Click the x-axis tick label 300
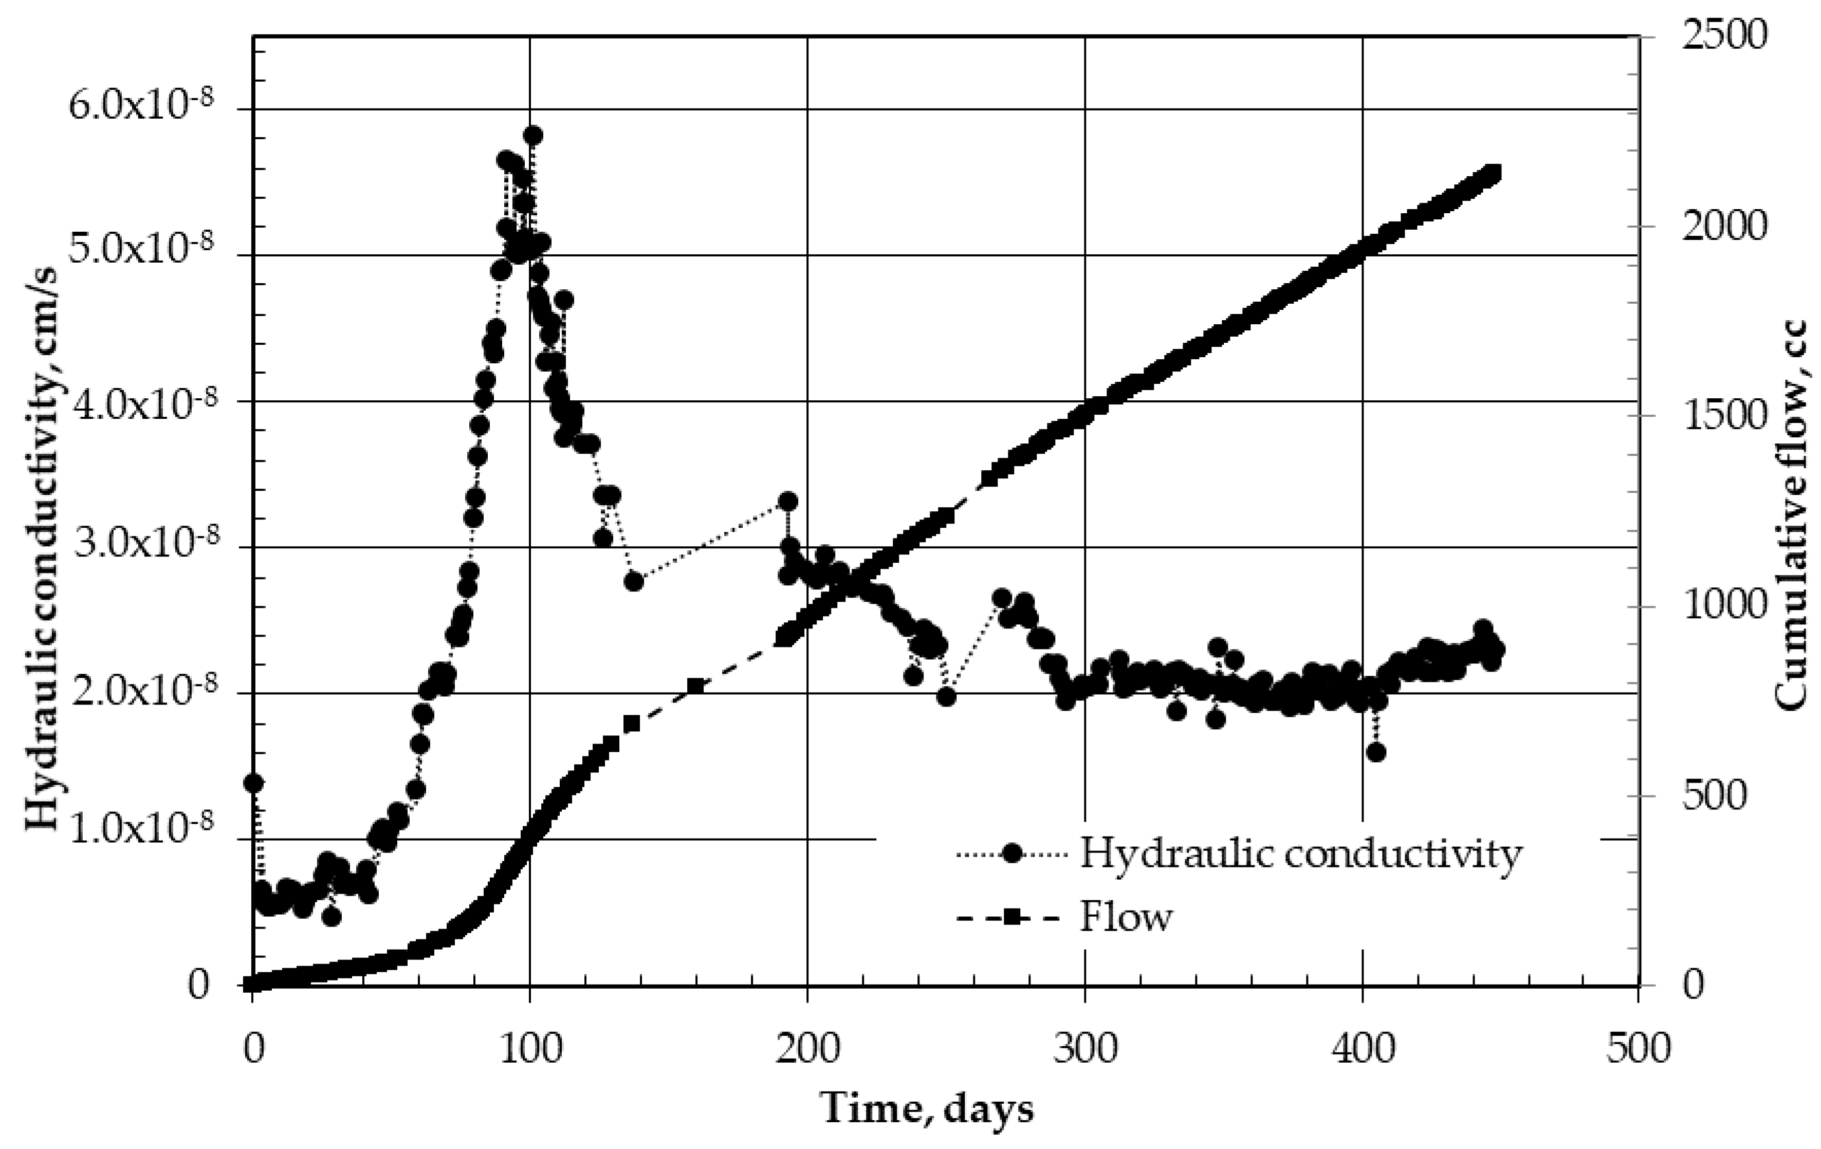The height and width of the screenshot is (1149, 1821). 1084,1051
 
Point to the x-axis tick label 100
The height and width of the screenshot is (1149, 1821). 529,1051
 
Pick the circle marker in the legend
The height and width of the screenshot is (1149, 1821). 1012,854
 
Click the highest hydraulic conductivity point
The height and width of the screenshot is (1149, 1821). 533,135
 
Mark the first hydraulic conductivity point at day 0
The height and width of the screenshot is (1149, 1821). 253,783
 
